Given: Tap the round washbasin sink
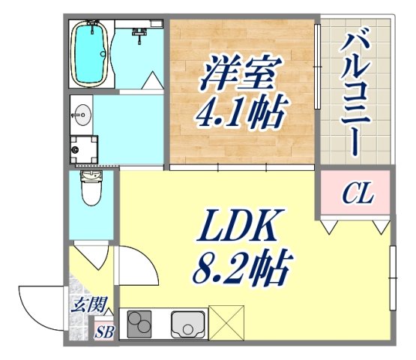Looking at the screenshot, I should point(82,115).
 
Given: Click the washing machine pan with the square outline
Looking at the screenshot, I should point(84,150).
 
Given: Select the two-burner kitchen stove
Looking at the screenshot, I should point(140,324).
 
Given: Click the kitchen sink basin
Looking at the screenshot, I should point(188,324).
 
